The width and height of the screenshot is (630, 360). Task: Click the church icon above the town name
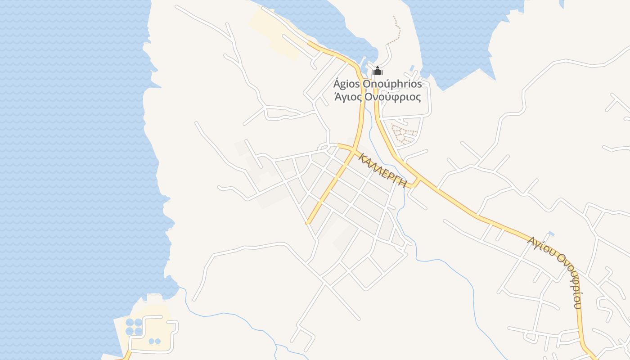click(x=378, y=71)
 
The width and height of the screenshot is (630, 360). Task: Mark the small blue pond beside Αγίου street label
click(x=551, y=234)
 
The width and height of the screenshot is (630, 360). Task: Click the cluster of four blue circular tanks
click(x=134, y=327)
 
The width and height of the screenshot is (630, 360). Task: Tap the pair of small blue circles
click(x=154, y=341)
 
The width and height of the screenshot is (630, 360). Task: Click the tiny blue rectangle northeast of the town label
click(x=412, y=68)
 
